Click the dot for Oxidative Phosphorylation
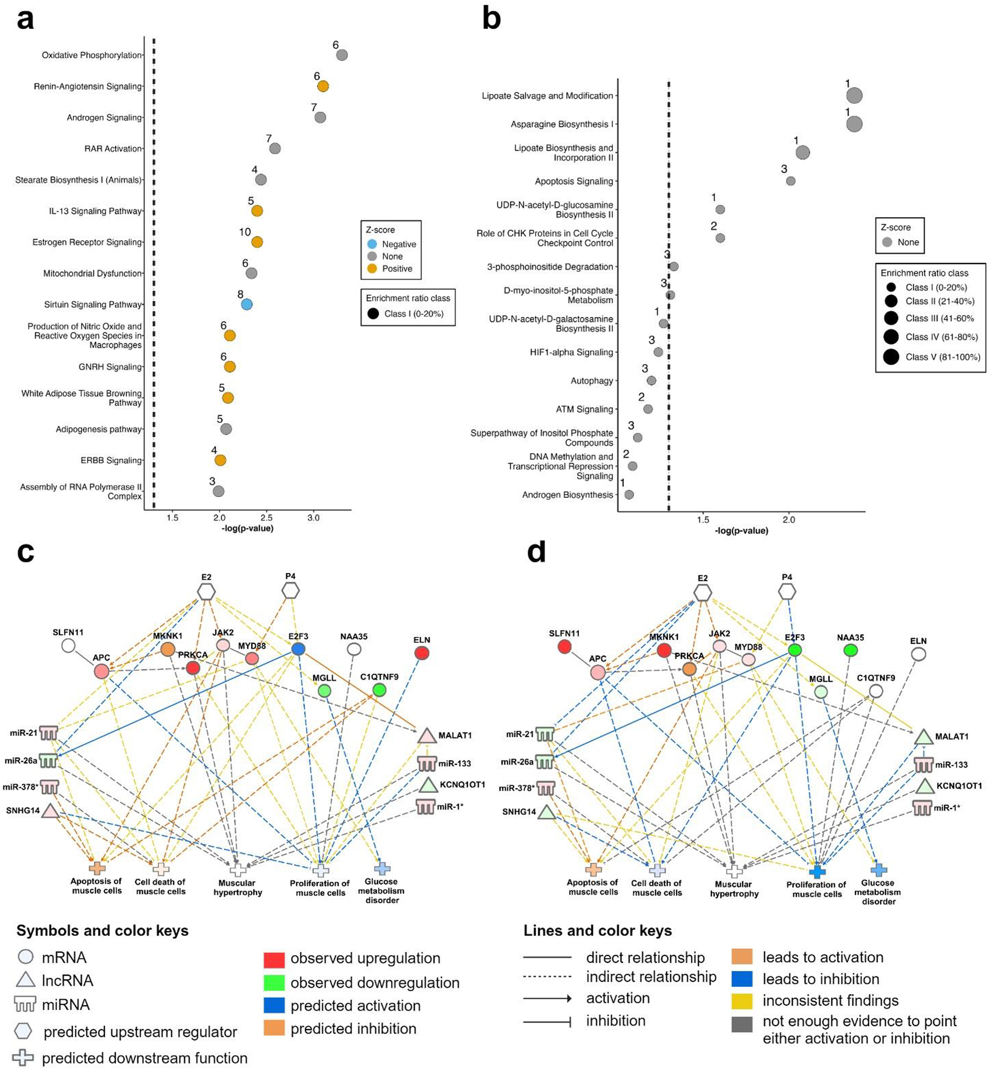[342, 55]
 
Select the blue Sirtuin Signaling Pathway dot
[246, 304]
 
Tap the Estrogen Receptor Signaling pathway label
[87, 242]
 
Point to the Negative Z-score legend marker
[372, 244]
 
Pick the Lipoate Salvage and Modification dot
[854, 96]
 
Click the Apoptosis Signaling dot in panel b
[790, 181]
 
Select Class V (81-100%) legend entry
[891, 357]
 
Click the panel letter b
[491, 19]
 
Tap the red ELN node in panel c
[422, 653]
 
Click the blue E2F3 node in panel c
[298, 649]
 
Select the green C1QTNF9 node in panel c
[379, 690]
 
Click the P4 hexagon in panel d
[787, 591]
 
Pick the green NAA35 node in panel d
[850, 650]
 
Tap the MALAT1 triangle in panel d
[923, 737]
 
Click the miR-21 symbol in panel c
[49, 733]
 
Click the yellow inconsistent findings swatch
[741, 1001]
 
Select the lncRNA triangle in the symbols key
[25, 980]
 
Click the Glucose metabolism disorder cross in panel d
[878, 870]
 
